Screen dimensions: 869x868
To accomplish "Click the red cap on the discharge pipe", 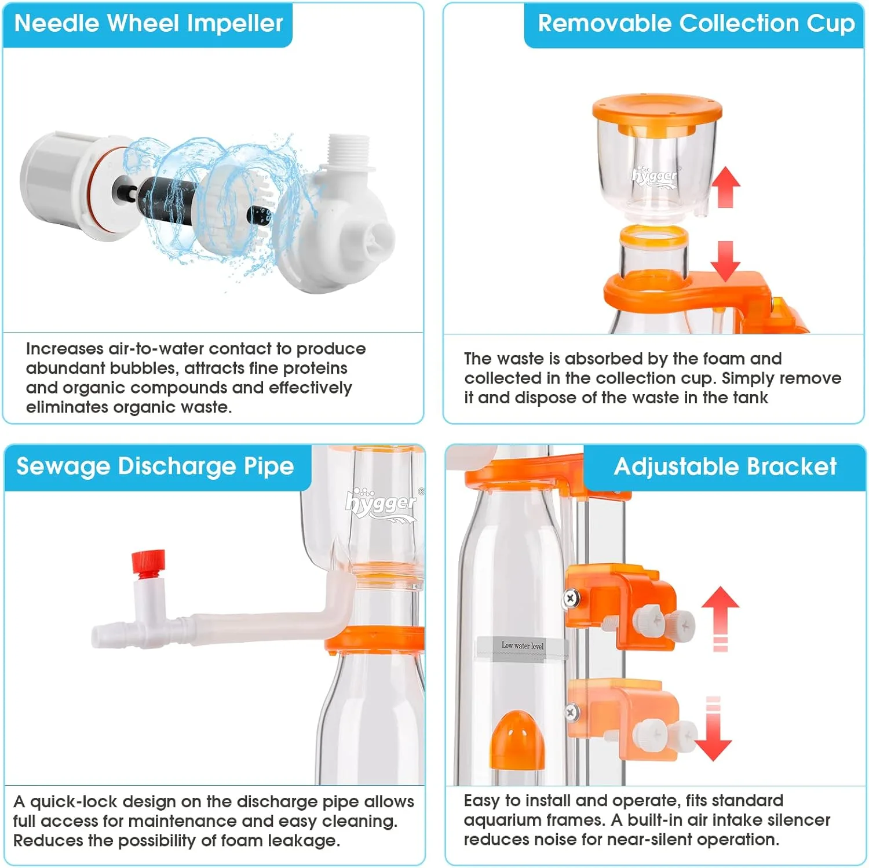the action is tap(148, 563).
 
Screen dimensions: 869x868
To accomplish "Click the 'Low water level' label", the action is tap(522, 645).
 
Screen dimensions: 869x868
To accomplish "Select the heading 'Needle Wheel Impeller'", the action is tap(148, 23).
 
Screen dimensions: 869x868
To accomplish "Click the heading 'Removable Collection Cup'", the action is tap(696, 23).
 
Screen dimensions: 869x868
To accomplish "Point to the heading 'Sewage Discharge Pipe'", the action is tap(155, 466).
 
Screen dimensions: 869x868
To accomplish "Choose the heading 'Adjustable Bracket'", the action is tap(725, 466).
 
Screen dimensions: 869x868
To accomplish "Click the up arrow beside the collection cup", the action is tap(725, 187).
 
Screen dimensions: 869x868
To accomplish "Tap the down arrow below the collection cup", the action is tap(725, 261).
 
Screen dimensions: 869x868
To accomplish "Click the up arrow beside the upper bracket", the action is tap(720, 619).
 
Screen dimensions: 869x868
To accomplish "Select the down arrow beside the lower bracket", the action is tap(713, 729).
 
